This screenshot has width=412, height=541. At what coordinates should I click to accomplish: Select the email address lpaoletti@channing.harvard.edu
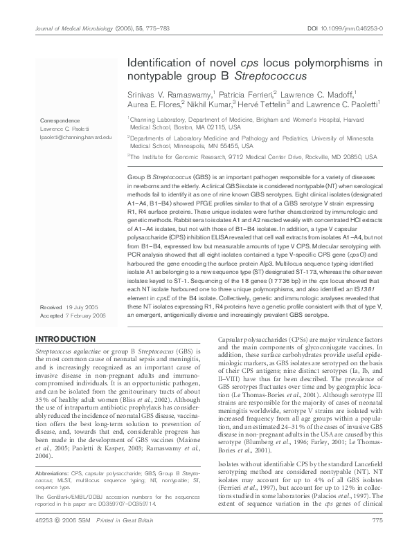[75, 138]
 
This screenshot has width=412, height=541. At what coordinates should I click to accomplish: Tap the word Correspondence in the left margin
[60, 120]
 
